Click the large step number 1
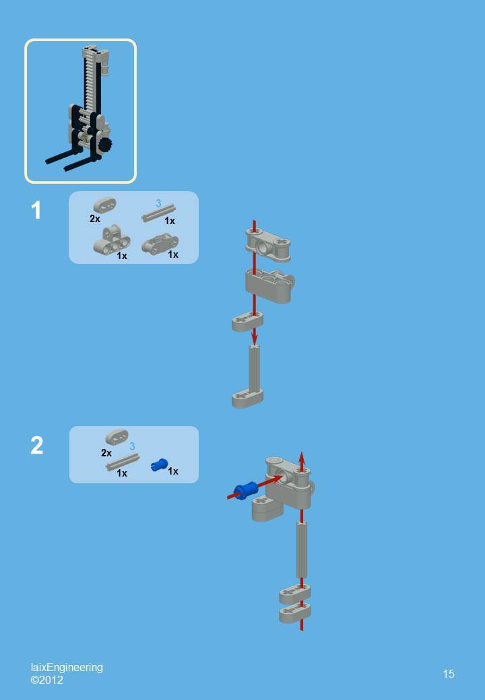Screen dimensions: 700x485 [x=36, y=211]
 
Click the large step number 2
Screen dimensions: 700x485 [x=36, y=446]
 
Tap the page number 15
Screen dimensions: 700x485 [x=449, y=674]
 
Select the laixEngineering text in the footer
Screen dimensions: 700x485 [x=67, y=667]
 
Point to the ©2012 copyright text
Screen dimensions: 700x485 [x=47, y=680]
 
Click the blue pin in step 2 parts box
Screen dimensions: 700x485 [x=159, y=464]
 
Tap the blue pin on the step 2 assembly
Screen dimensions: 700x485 [x=245, y=489]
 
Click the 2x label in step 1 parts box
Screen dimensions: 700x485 [x=95, y=219]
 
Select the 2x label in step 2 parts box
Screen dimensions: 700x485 [x=106, y=453]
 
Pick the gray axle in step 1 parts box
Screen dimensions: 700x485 [x=159, y=213]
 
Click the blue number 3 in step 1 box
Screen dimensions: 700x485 [x=158, y=203]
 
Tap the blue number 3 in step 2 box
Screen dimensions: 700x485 [x=132, y=446]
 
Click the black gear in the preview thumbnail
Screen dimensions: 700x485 [x=104, y=145]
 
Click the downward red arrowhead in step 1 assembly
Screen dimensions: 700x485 [x=254, y=336]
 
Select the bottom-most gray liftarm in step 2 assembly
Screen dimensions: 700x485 [x=295, y=613]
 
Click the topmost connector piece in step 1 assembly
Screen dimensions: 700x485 [x=268, y=243]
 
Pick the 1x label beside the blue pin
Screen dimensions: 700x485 [x=173, y=471]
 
